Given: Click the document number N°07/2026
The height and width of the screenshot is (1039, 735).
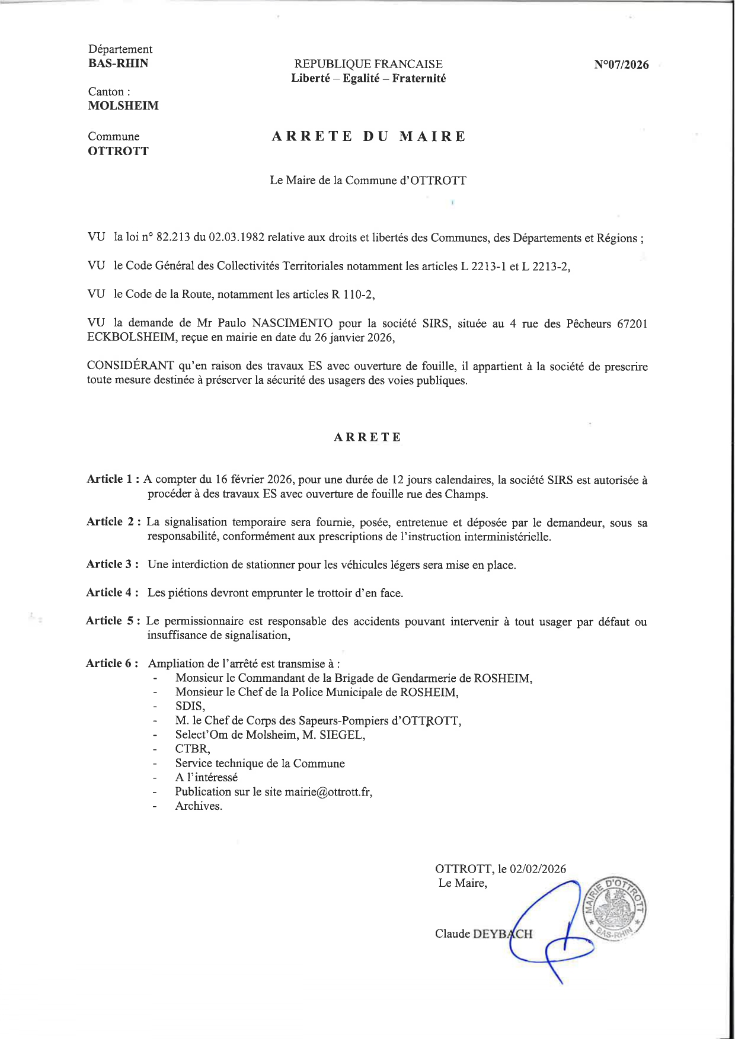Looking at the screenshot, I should click(621, 65).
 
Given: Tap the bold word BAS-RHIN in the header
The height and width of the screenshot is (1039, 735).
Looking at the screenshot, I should click(119, 63).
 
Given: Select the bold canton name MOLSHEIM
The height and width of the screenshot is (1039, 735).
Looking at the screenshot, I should click(123, 106).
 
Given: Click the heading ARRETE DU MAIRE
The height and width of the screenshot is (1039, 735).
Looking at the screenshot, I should click(369, 136).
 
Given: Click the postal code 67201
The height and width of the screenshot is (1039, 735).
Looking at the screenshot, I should click(632, 323).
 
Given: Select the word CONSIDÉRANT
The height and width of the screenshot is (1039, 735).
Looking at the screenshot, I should click(130, 366).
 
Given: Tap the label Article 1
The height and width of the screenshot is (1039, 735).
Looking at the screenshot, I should click(113, 479).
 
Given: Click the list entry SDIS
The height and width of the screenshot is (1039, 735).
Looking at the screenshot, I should click(189, 707).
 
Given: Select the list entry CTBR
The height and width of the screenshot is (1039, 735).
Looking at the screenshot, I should click(192, 749).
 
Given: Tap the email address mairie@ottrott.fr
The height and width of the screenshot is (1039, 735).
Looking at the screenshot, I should click(328, 792).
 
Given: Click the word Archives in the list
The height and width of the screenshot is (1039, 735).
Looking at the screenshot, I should click(198, 806).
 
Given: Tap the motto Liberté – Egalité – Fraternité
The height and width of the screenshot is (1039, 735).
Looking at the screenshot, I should click(369, 78).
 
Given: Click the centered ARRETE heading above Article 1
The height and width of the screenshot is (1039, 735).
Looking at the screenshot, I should click(367, 437).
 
